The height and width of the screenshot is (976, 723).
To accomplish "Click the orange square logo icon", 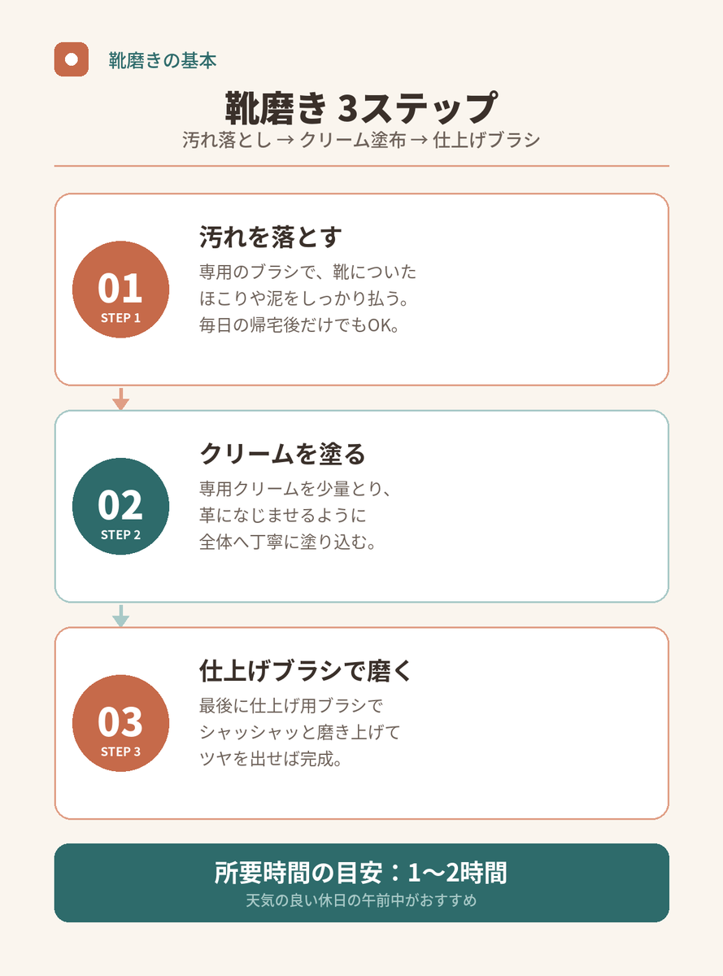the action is point(72,59).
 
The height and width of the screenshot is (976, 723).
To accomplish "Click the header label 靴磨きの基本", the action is point(163,60).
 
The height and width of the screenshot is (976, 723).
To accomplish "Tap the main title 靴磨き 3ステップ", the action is point(361,108).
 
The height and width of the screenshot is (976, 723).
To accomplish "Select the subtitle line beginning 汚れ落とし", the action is point(361,140).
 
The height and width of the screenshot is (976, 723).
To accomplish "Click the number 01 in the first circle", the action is point(120,289).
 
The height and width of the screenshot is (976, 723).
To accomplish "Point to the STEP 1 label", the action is point(120,318).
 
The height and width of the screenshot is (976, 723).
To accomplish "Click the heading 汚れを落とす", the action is point(271,237).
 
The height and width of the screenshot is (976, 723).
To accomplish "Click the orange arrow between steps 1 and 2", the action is point(120,399).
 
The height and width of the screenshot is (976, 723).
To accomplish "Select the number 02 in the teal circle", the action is point(120,505).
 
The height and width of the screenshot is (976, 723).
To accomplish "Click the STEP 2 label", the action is point(120,535).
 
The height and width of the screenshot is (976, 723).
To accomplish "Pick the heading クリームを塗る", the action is point(282,454).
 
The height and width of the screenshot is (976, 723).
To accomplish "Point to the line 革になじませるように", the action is point(282,516).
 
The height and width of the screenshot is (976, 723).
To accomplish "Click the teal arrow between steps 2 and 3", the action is point(120,616).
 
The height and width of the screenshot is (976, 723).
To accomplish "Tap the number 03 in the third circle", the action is point(120,722).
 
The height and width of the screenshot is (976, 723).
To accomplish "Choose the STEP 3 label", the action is point(120,752).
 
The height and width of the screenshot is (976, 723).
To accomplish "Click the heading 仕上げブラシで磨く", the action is point(306,671).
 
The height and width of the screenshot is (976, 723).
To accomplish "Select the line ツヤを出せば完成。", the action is point(271,759).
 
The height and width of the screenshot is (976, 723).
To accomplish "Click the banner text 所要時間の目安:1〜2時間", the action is point(361,873).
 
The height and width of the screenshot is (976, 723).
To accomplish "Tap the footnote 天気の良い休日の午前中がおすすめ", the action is point(361,900).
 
